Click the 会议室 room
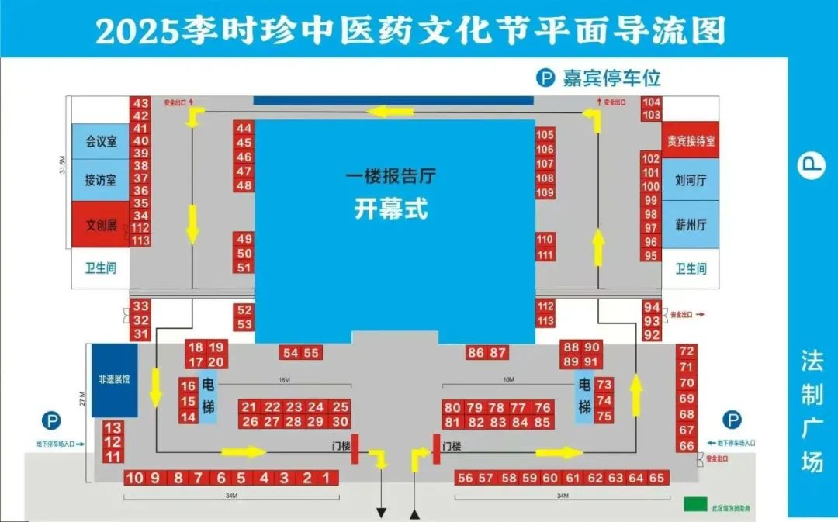(101, 142)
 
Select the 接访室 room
(101, 180)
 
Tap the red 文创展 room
(101, 225)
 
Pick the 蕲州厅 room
(691, 226)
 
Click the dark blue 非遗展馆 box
(114, 380)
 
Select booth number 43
(140, 103)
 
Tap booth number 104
(652, 102)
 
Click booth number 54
(291, 353)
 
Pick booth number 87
(498, 353)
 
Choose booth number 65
(656, 478)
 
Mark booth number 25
(341, 407)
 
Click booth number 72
(687, 351)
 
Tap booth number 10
(134, 478)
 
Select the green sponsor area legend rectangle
(695, 504)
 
